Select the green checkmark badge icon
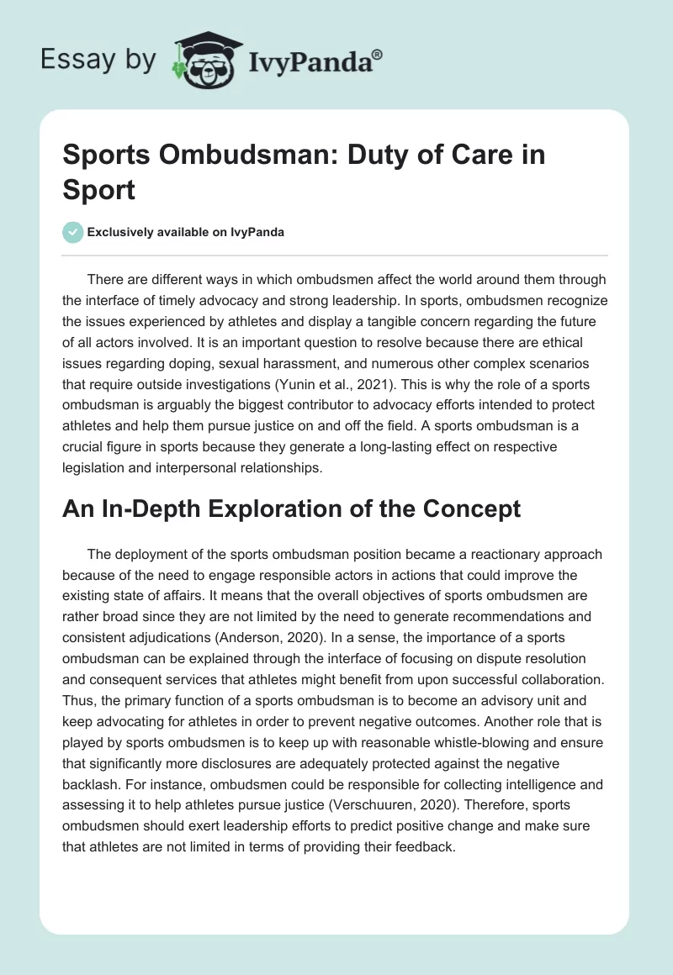point(73,232)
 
